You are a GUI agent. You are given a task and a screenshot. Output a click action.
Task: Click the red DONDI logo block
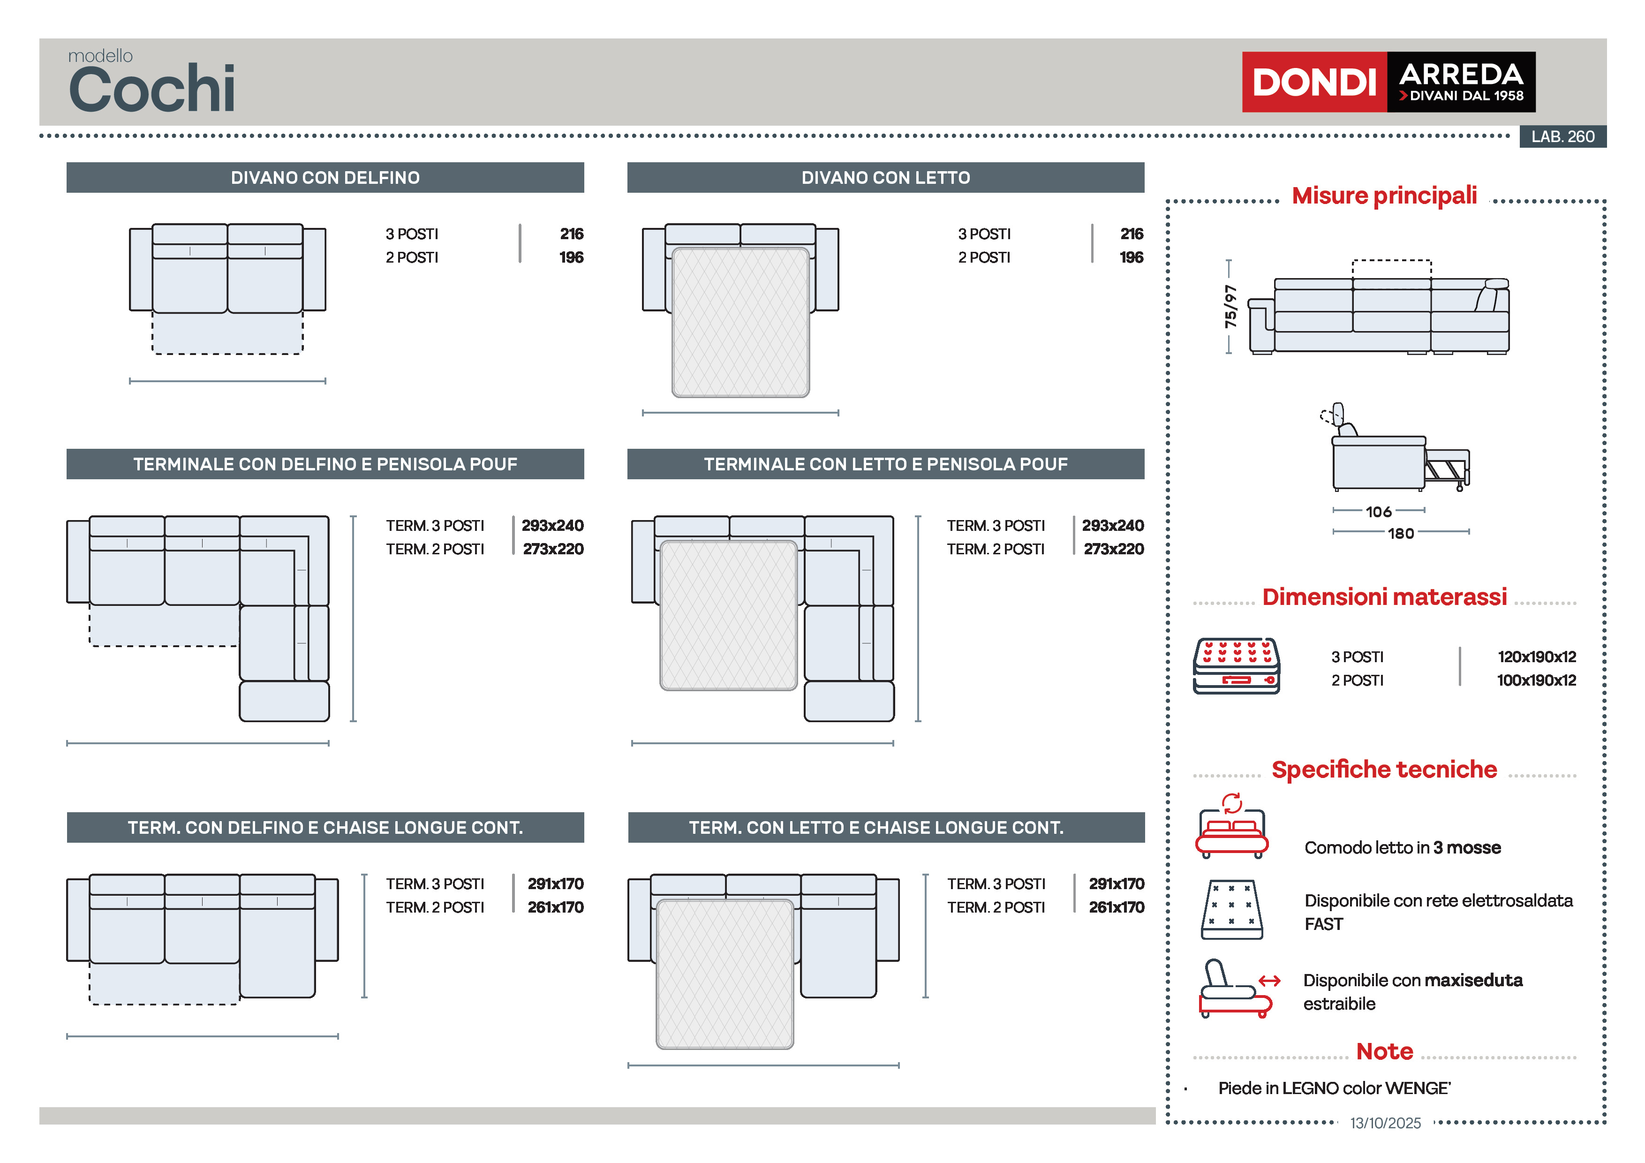tap(1314, 82)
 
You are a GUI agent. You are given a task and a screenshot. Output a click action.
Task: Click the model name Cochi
tap(152, 89)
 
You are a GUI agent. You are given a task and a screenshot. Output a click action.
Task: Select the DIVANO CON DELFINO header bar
tap(325, 178)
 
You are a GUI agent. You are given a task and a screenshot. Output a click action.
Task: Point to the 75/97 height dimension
tap(1230, 307)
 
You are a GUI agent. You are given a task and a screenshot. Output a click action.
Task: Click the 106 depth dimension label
tap(1379, 512)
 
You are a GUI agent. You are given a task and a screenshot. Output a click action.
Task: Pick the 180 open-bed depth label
tap(1401, 533)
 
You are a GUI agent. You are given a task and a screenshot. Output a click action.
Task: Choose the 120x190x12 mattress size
tap(1536, 657)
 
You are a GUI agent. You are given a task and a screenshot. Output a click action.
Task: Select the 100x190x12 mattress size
tap(1536, 680)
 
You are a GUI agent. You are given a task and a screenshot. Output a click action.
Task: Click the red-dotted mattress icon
tap(1236, 666)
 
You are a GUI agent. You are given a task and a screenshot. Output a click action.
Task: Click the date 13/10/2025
tap(1385, 1123)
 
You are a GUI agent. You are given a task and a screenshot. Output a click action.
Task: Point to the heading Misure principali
tap(1384, 196)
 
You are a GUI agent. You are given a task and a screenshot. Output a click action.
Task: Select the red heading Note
tap(1384, 1051)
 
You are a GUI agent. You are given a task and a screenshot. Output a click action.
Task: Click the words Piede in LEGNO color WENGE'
tap(1334, 1088)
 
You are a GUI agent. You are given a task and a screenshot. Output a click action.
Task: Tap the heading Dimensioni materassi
tap(1384, 597)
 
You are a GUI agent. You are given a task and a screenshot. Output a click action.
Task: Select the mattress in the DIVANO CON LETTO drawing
tap(740, 323)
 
